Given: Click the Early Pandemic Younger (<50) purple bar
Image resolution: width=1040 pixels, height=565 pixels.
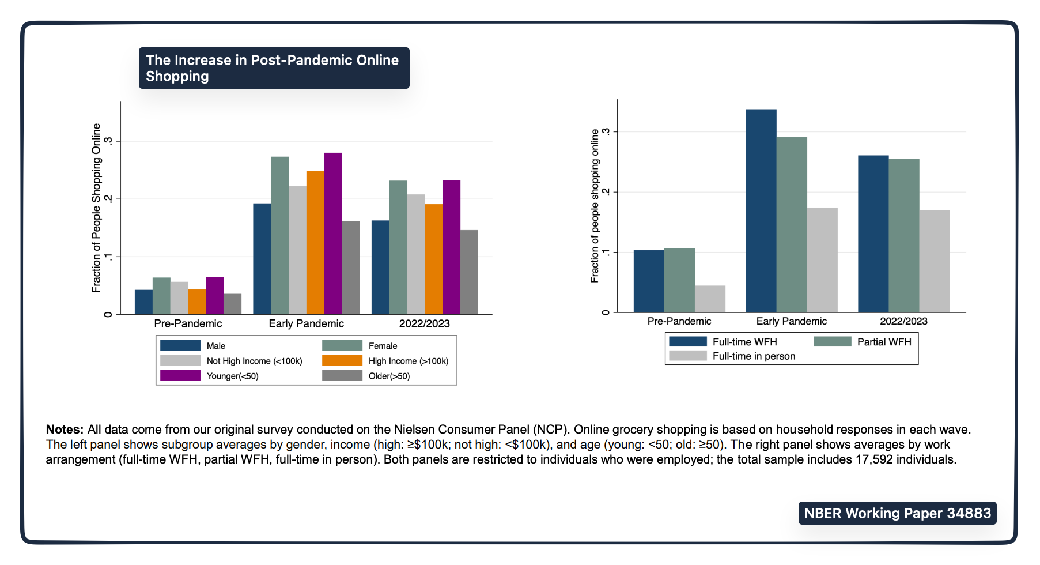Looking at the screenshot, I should pos(333,233).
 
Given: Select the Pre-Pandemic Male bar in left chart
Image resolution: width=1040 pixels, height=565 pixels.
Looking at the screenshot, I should pos(143,302).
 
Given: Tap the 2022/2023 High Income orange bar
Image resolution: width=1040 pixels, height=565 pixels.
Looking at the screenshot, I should pos(434,259).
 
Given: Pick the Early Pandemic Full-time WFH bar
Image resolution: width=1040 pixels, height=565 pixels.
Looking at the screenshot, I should pos(761,211).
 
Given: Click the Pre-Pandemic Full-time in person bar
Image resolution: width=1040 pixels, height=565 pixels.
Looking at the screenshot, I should pos(710,299).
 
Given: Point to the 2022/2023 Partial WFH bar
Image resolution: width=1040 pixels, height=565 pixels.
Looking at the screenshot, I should pos(904,236).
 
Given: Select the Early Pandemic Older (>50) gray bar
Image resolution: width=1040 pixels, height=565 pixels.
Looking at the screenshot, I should pos(351,268).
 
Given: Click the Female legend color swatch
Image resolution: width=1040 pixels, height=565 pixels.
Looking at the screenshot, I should pos(342,345).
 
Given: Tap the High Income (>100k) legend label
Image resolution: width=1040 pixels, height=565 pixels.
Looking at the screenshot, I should pos(409,361).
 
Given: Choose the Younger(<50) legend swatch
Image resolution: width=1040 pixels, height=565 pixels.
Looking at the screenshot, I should pos(180,376).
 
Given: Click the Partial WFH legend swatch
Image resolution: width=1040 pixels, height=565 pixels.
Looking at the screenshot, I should pos(832,342).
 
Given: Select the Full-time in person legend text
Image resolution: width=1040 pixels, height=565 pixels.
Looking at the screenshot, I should pos(754,356).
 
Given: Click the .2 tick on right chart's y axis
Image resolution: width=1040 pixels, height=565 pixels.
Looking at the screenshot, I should pos(606,192).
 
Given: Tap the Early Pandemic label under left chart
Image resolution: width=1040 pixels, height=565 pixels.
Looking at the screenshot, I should pos(306,323).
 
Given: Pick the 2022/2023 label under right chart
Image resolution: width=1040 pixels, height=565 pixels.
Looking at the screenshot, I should pos(903,321).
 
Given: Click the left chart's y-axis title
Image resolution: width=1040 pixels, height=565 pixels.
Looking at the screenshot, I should pos(96,208).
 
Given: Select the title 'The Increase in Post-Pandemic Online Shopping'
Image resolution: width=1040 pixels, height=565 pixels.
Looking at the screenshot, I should pos(274,68).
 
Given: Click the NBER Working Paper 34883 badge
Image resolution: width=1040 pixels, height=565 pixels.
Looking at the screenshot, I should pos(897,513).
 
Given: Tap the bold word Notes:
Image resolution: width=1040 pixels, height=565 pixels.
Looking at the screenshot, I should pos(65,430).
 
